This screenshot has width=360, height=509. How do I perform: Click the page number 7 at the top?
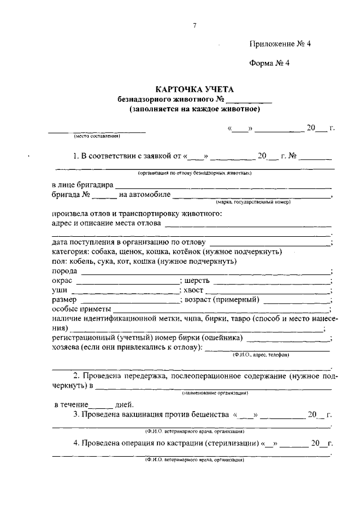pos(194,25)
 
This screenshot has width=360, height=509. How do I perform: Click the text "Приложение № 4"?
pos(279,44)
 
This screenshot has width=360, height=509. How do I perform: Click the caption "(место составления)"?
pos(97,136)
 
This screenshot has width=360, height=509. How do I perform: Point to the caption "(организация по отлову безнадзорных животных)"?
pos(194,173)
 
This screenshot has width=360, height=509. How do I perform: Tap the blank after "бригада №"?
pos(105,197)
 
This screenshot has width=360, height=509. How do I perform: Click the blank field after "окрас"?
pos(127,282)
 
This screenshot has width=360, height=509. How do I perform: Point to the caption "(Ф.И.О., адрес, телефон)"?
pos(260,355)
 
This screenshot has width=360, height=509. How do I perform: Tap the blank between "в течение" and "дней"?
pos(102,405)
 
